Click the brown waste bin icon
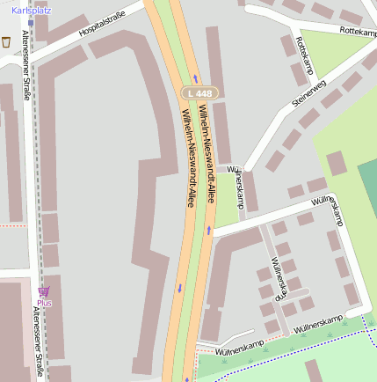coord(6,41)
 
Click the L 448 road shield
coord(199,92)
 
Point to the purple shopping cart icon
coord(44,291)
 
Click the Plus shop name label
coord(44,304)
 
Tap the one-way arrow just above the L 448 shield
coord(195,78)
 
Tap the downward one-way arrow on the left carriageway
coord(180,287)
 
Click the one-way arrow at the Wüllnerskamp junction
coord(209,231)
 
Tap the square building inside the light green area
coord(337,163)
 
